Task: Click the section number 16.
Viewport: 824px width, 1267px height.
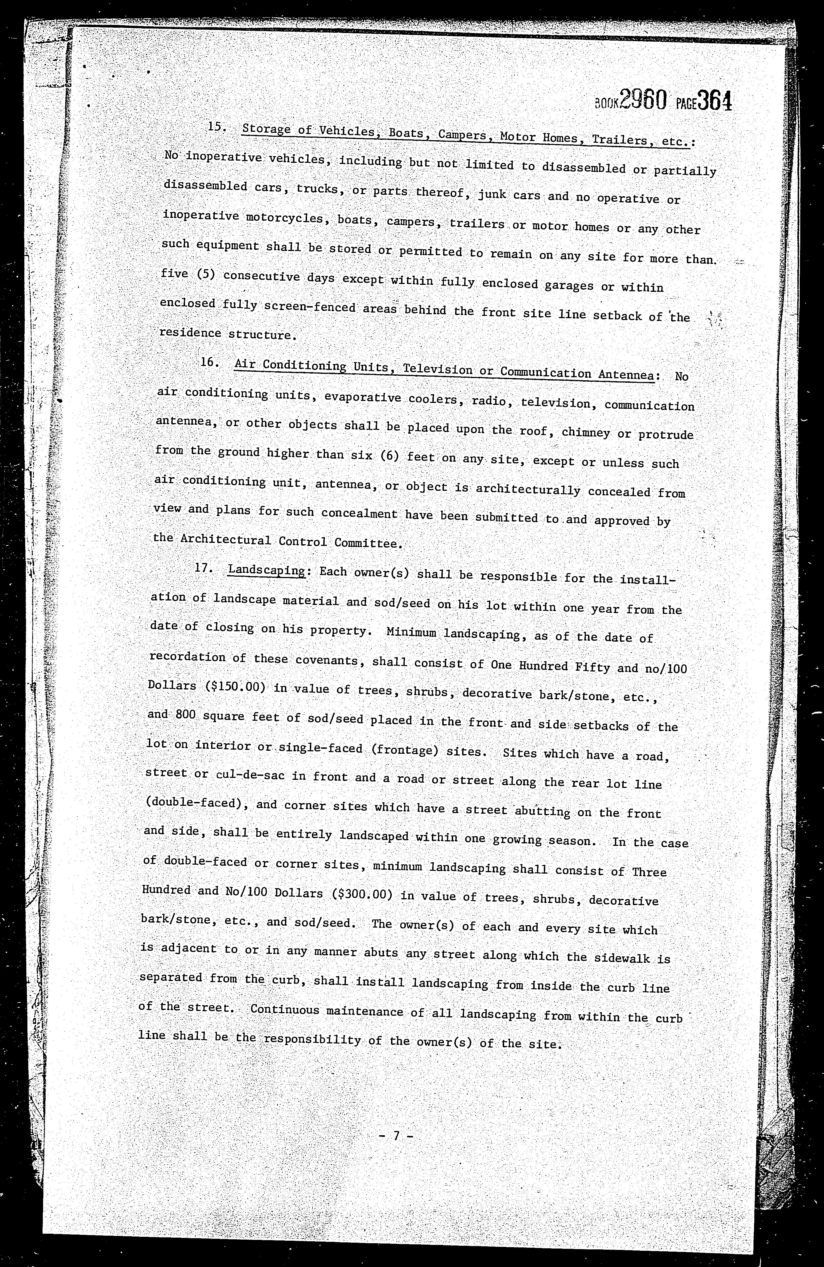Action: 208,362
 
